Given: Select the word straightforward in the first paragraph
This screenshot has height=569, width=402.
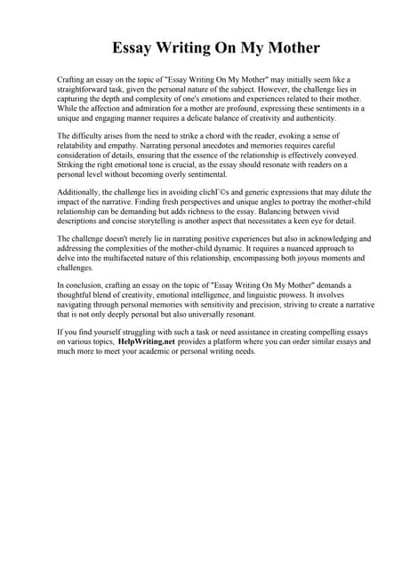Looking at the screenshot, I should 86,90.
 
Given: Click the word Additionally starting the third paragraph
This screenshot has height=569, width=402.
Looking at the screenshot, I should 80,192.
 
